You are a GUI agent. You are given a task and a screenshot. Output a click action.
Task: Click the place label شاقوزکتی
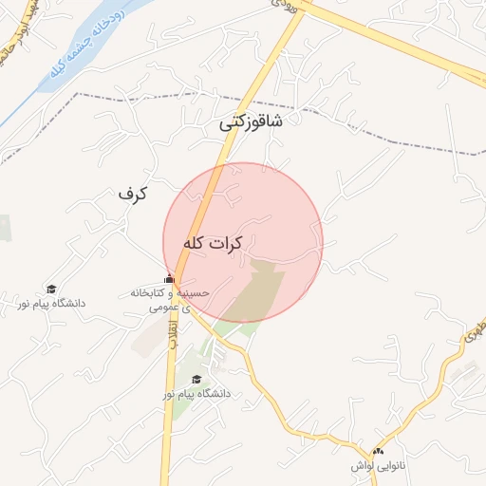coord(251,122)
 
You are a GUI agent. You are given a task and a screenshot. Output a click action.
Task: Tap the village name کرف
coord(134,194)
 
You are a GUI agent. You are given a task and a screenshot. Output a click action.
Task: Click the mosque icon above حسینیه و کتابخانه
coord(170,279)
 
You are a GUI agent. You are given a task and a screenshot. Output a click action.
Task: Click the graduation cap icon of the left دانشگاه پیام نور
coord(51,290)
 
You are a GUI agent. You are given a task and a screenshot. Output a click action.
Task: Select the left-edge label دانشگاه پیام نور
coord(50,304)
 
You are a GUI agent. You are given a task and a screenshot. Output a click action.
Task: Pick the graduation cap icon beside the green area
coord(196,379)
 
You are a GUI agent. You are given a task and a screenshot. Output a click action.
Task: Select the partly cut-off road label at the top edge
coord(285,5)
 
